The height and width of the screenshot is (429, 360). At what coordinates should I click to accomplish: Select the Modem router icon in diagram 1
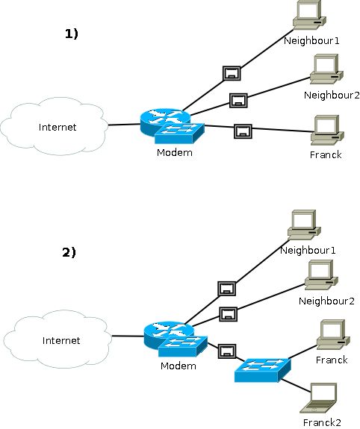[x=170, y=126]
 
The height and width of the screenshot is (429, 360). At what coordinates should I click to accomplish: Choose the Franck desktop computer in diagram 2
[x=331, y=335]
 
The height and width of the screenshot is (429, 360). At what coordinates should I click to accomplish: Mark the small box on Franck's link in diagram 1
[x=243, y=131]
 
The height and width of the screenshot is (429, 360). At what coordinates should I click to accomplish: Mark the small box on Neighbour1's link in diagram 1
[x=232, y=72]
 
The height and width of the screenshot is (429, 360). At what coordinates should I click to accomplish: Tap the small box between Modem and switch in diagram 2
[x=227, y=350]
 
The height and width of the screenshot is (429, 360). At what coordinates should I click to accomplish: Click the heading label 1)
[x=71, y=34]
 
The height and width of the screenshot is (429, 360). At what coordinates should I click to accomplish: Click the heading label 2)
[x=69, y=252]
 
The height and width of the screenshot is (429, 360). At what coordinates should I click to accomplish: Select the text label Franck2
[x=323, y=422]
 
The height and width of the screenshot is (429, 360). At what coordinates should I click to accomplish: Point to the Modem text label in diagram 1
[x=174, y=153]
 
